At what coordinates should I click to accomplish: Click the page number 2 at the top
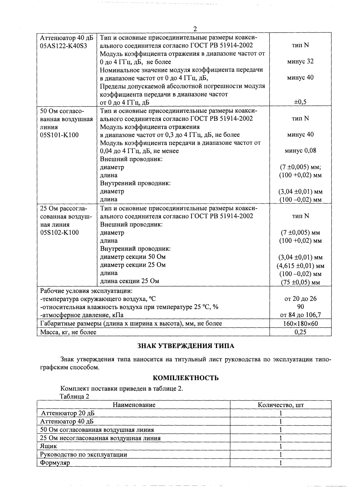pos(195,29)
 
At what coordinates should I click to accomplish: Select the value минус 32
pos(300,62)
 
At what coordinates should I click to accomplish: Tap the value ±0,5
pos(300,102)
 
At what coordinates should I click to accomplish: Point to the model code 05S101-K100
pos(60,135)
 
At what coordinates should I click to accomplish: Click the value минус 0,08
pos(300,151)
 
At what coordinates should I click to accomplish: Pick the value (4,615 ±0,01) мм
pos(300,266)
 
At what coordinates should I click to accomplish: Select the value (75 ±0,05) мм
pos(300,282)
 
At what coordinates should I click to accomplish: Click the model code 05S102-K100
pos(60,233)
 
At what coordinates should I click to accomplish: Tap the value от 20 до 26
pos(300,299)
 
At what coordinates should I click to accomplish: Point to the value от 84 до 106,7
pos(300,315)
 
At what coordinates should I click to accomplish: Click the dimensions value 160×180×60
pos(300,324)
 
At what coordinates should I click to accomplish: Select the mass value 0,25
pos(300,332)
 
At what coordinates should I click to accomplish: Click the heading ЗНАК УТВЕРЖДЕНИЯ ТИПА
pos(185,346)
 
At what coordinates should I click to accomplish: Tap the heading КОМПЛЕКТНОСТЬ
pos(185,378)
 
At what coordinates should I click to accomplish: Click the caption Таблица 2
pos(74,397)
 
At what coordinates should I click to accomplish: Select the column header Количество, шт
pos(281,405)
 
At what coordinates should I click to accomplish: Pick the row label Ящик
pos(48,446)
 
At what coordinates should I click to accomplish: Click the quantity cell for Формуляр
pos(281,463)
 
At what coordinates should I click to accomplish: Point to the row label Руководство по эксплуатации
pos(84,455)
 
